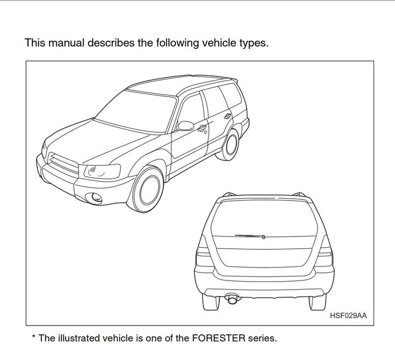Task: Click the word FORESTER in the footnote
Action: click(218, 338)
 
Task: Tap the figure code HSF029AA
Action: click(348, 315)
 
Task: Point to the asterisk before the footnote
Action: click(33, 336)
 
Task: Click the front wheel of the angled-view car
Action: click(146, 190)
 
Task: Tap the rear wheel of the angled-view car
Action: click(228, 145)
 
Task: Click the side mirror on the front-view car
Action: click(185, 126)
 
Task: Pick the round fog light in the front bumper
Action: click(96, 198)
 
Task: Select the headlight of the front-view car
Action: click(102, 171)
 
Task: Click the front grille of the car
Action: click(63, 163)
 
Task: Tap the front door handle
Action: click(202, 128)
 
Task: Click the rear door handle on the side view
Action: click(228, 116)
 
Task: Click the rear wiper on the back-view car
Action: click(250, 236)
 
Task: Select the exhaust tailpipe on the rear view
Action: click(232, 299)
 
